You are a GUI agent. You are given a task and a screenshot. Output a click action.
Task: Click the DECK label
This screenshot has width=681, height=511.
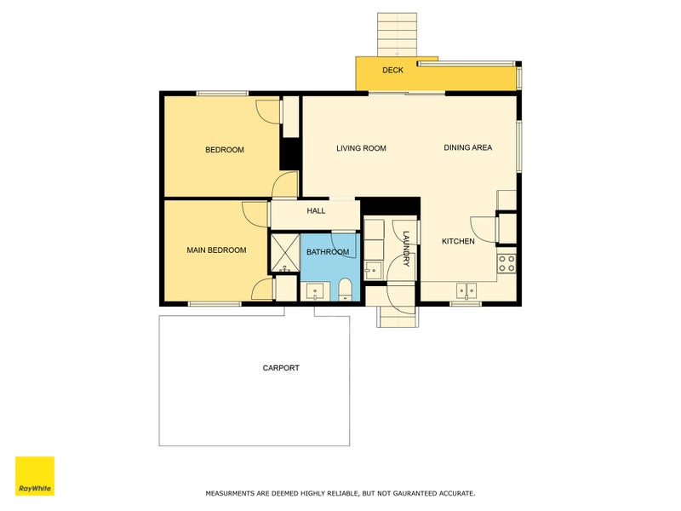392,70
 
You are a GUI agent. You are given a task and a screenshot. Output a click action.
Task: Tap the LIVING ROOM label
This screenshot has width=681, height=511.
361,148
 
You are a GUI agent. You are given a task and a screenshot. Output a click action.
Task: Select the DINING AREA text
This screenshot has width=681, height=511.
467,148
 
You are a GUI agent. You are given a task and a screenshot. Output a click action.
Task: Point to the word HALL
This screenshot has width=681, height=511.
316,210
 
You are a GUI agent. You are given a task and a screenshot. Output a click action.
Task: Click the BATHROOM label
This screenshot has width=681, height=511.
328,252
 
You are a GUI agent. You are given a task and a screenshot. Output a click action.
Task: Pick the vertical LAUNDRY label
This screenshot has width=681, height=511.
407,249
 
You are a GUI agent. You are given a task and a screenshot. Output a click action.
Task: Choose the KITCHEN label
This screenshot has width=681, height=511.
458,242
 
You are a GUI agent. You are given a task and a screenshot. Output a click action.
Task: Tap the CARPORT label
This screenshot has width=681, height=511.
281,368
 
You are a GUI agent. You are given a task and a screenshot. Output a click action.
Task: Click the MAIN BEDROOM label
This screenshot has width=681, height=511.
216,250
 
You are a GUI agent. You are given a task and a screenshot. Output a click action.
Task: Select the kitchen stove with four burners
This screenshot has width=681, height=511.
506,263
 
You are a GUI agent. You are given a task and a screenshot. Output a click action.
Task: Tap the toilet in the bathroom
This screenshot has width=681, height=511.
345,290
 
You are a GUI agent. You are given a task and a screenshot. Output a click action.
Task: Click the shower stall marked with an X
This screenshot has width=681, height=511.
284,251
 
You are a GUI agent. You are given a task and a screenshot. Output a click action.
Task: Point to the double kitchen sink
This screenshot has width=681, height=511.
466,290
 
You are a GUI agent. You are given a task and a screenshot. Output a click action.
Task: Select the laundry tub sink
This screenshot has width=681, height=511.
372,271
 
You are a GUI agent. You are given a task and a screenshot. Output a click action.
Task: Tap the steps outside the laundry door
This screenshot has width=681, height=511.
398,316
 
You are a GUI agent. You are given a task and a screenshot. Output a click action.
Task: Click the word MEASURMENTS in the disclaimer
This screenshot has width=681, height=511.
233,493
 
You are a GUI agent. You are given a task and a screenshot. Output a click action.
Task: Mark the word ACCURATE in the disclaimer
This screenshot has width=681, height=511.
455,493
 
